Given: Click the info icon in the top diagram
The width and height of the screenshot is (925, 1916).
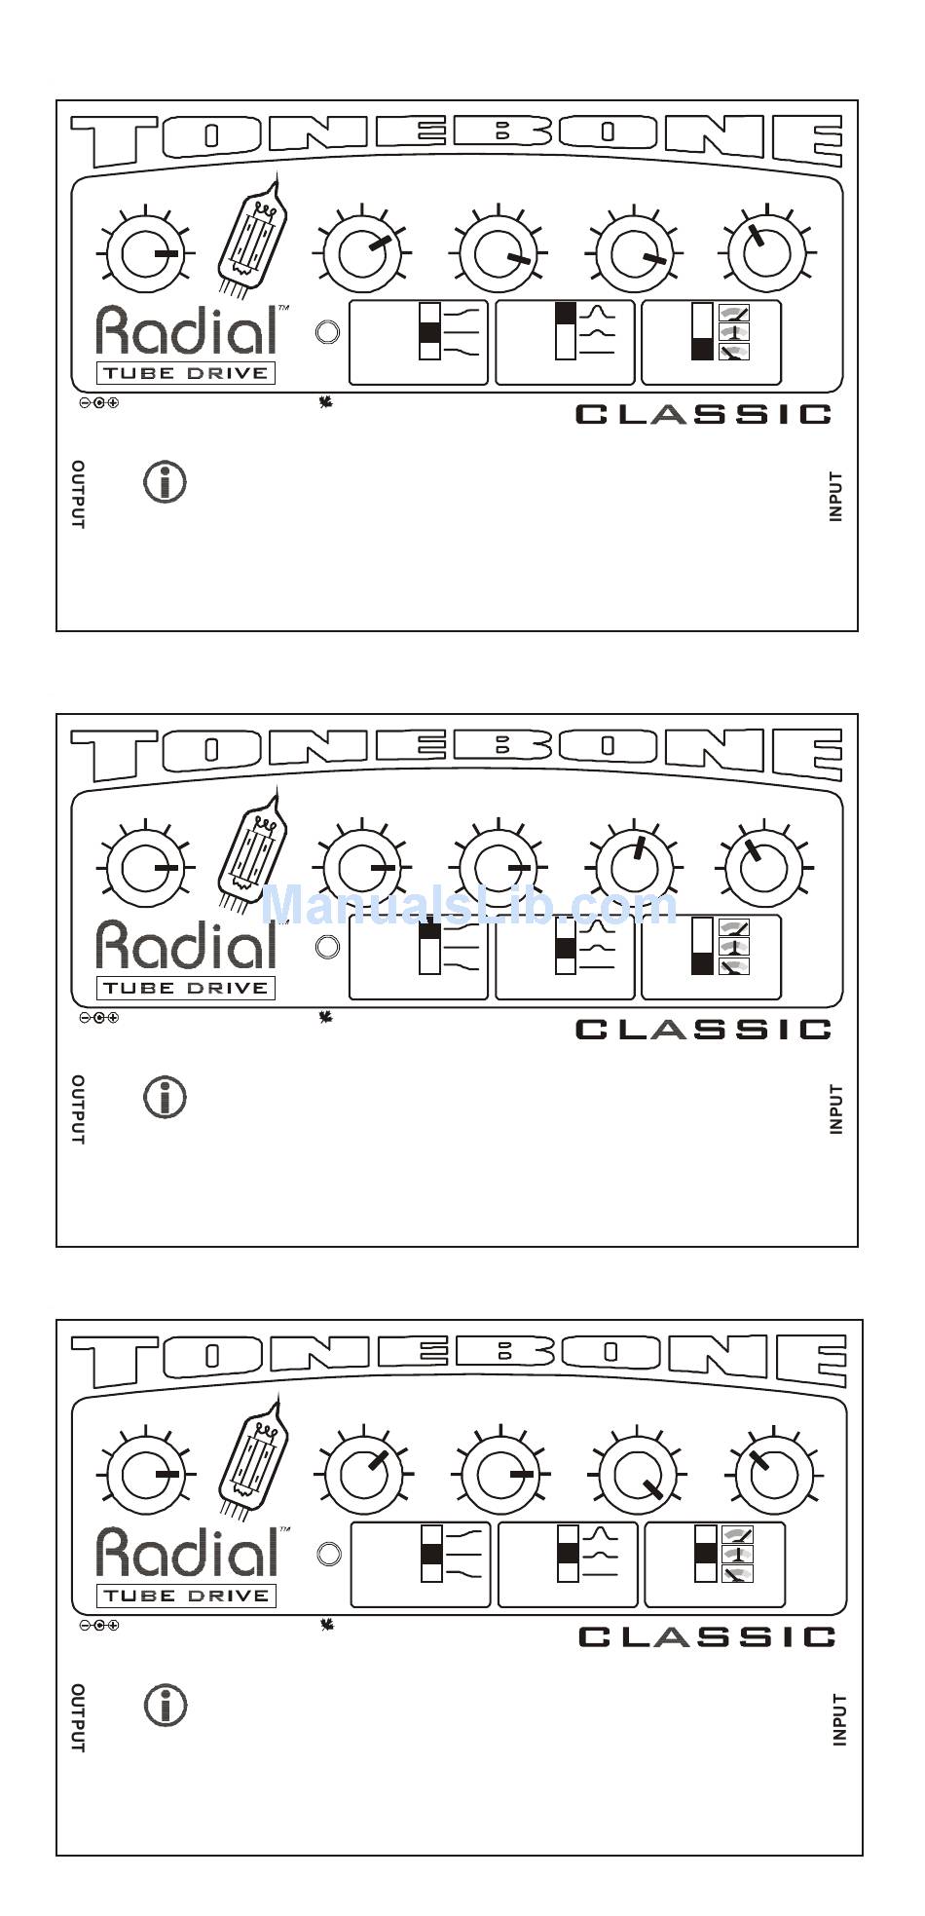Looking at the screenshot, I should point(166,482).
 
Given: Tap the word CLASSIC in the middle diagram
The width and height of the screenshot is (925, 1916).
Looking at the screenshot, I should point(703,1030).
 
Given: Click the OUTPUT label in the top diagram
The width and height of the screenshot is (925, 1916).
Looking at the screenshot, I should point(78,495).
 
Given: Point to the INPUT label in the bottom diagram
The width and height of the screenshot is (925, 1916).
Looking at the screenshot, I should point(839,1719).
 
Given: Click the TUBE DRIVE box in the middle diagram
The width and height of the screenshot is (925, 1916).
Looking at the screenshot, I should point(185,988).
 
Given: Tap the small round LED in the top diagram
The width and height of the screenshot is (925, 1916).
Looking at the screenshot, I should point(328,332).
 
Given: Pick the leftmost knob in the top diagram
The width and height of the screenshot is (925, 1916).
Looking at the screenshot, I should point(146,252).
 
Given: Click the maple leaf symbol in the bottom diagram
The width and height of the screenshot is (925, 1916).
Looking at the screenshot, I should point(327,1625).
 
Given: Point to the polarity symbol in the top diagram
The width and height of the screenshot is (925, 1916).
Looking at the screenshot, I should point(98,403).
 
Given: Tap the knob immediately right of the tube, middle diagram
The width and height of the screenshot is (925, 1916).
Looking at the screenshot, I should point(362,866).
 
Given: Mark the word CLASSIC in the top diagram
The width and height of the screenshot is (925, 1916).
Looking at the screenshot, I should point(703,415).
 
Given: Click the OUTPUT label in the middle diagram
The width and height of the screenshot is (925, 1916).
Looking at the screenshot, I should point(78,1109).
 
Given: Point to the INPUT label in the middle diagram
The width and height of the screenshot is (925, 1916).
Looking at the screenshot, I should point(835,1109).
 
